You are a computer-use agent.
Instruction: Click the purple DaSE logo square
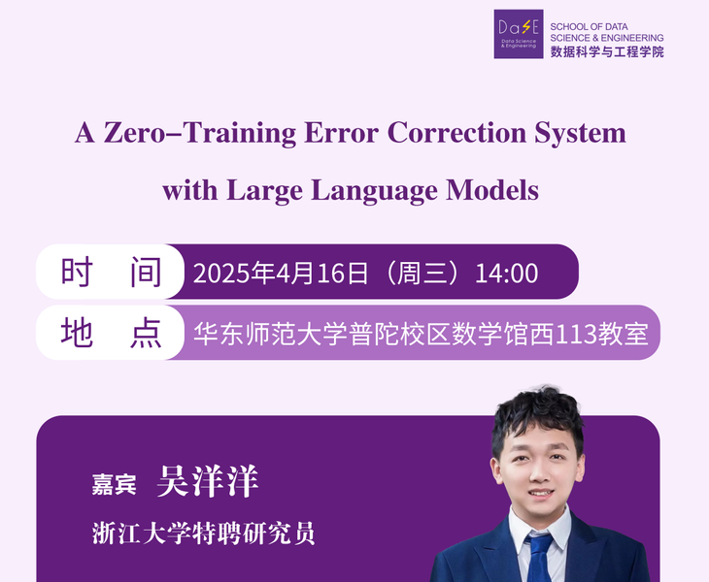pos(519,34)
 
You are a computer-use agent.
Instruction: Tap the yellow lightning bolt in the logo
pos(526,27)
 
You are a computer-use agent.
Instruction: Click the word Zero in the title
pos(135,133)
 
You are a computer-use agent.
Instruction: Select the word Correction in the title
pos(456,133)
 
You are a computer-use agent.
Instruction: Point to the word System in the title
pos(580,134)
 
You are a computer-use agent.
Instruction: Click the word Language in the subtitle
pos(374,190)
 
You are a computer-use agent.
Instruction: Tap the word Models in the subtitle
pos(492,190)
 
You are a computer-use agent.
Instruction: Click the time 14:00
pos(506,274)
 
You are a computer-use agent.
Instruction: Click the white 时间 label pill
pos(110,272)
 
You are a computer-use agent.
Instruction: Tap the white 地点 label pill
pos(110,333)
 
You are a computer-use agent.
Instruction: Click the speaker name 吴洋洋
pos(208,481)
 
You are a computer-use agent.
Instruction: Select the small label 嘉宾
pos(114,484)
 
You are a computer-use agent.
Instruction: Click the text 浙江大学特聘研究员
pos(204,533)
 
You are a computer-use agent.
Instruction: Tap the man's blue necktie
pos(539,559)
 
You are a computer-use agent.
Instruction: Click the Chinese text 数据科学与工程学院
pos(607,51)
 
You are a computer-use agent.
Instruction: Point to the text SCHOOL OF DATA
pos(589,26)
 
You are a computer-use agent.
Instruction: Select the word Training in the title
pos(240,134)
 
